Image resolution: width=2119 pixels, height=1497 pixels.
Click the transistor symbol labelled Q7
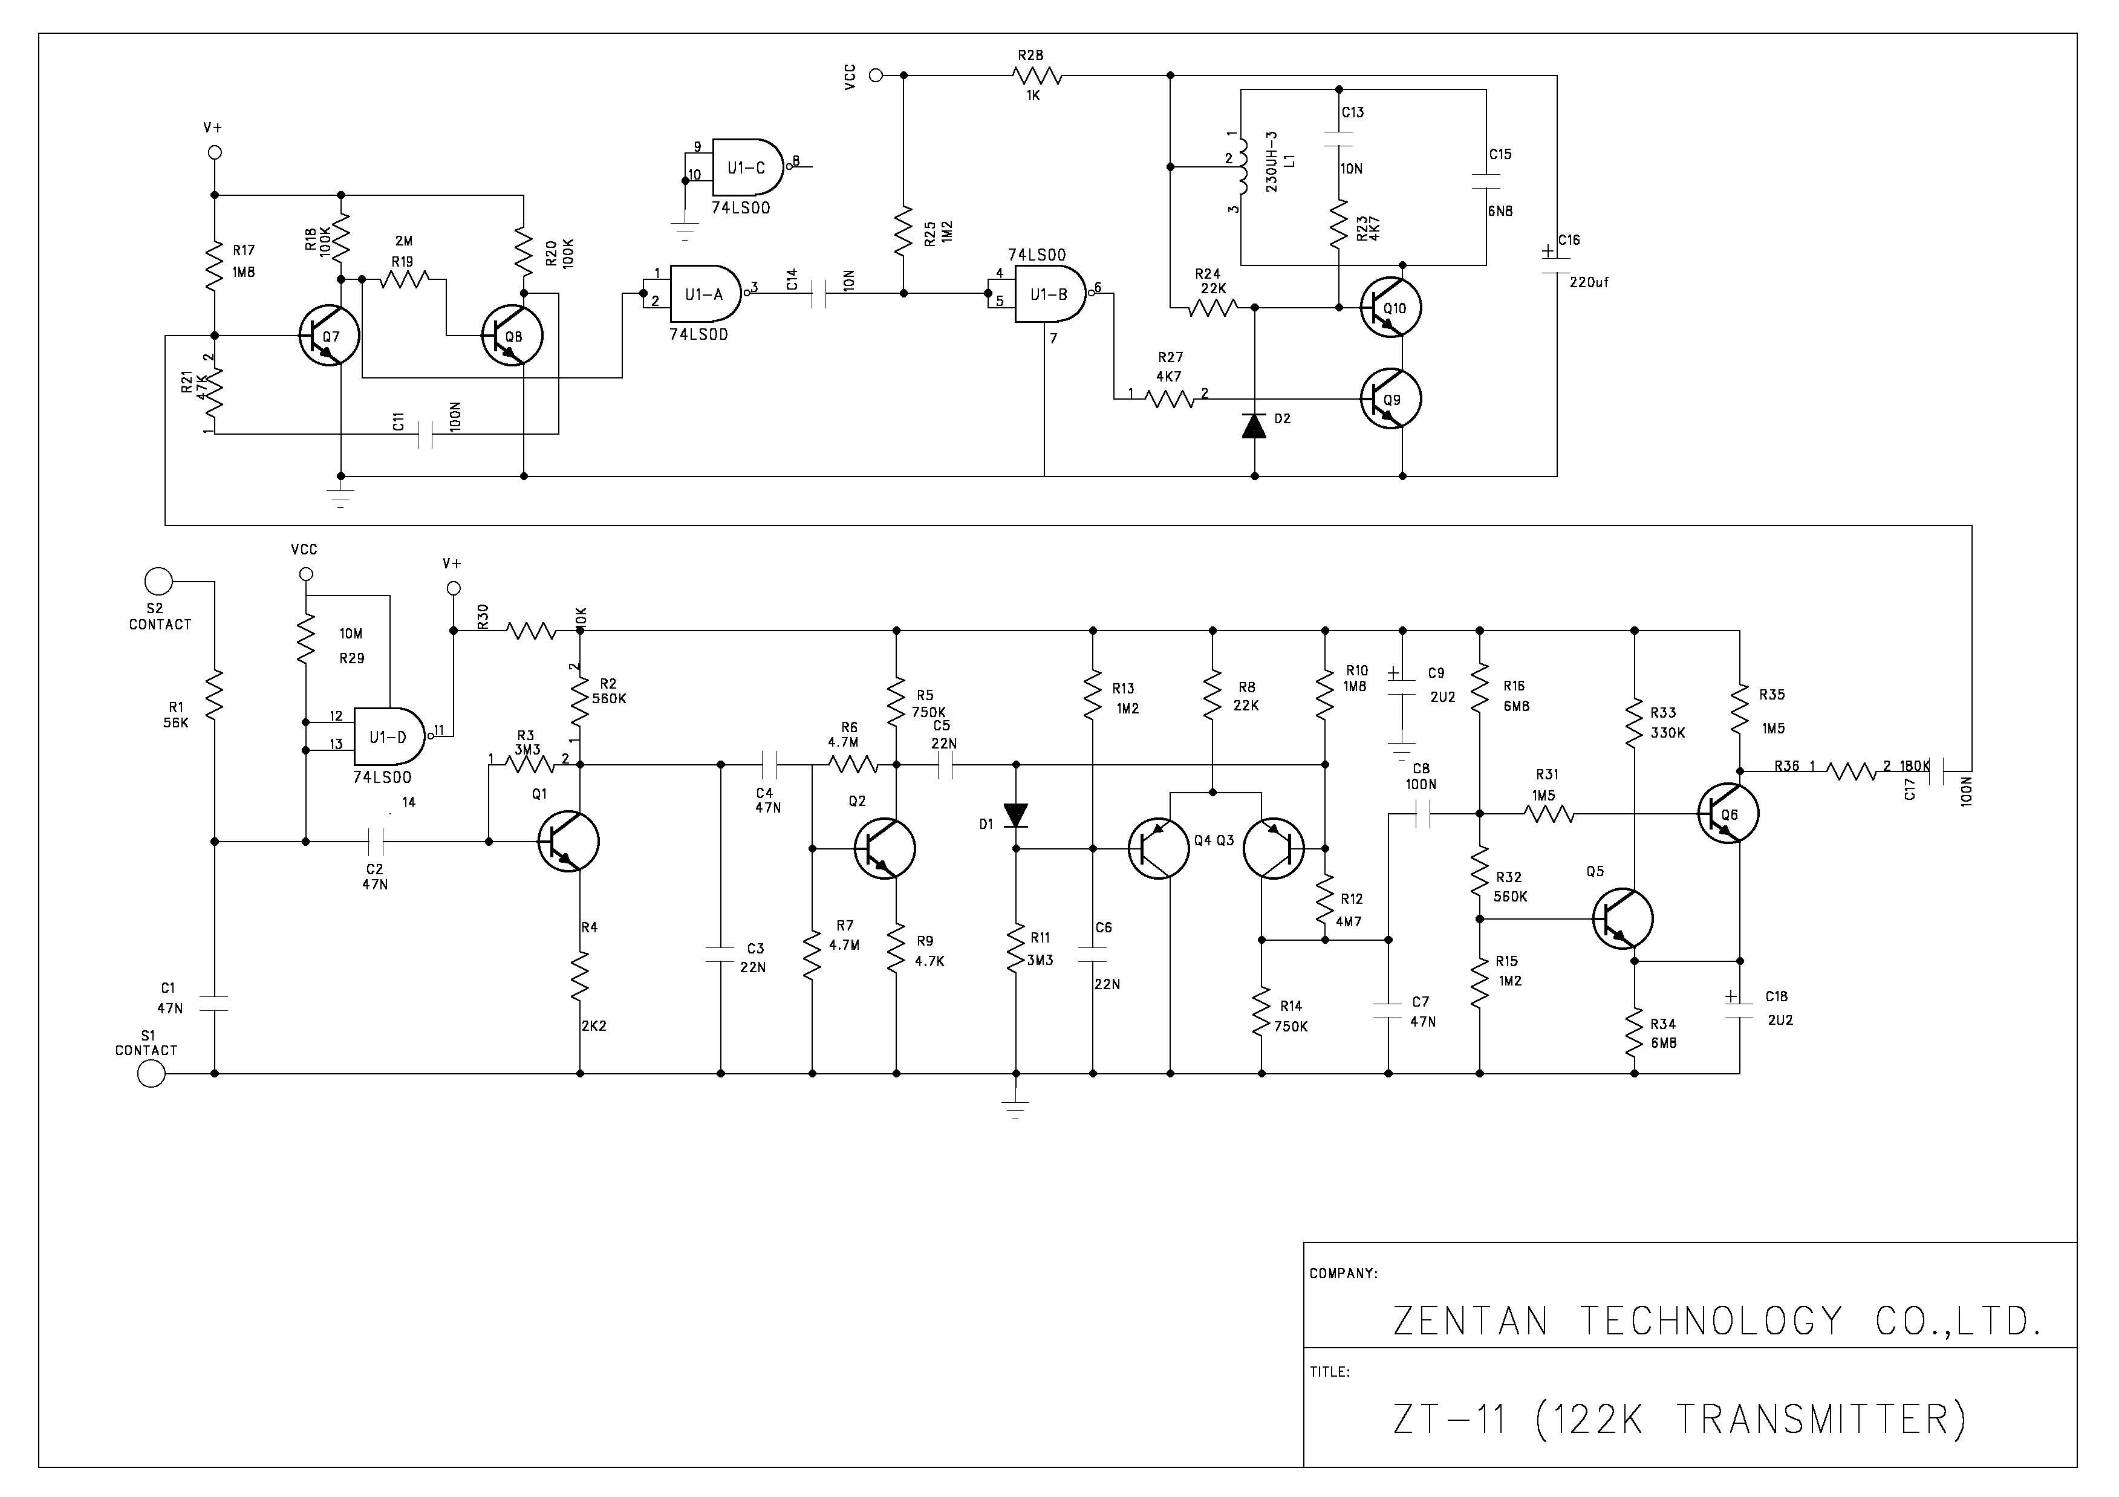[x=328, y=336]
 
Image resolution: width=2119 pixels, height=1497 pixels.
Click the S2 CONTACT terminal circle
[x=158, y=582]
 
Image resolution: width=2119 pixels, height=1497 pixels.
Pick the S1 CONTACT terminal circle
[x=151, y=1073]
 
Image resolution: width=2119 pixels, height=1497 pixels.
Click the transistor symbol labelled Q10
[x=1391, y=307]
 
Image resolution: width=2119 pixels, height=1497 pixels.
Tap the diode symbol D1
[x=1016, y=815]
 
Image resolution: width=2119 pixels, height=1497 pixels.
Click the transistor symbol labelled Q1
[x=568, y=841]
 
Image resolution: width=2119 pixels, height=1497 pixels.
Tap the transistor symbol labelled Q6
[x=1728, y=813]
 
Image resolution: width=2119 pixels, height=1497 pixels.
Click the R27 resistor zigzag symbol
[x=1170, y=398]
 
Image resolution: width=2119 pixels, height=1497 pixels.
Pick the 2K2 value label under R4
[x=593, y=1025]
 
